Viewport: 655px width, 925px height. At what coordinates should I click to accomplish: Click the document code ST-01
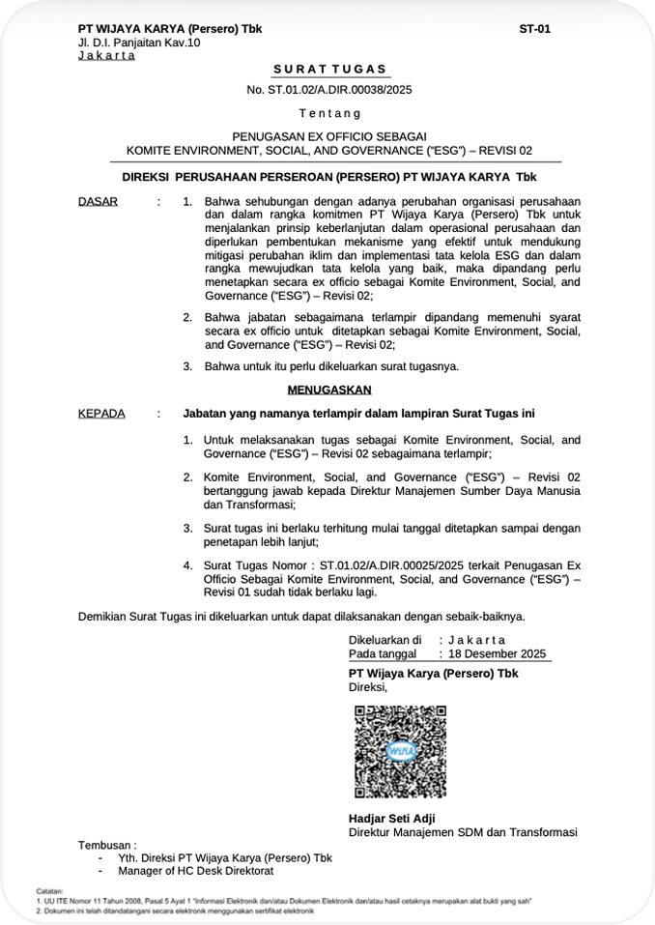[534, 29]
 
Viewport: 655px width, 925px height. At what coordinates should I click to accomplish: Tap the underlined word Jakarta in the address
[106, 55]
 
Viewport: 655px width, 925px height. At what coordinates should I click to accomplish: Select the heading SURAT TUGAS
[328, 69]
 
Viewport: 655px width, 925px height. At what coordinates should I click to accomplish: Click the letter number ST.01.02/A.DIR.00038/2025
[328, 90]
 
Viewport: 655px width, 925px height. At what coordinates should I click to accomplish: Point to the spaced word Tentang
[328, 114]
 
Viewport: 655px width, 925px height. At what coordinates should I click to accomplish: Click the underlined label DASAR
[97, 201]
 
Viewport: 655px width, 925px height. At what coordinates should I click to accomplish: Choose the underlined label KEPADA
[100, 413]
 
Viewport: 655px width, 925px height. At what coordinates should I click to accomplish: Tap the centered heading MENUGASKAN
[328, 390]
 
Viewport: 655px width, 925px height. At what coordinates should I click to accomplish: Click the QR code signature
[399, 751]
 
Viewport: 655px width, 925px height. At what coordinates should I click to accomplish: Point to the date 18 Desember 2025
[497, 653]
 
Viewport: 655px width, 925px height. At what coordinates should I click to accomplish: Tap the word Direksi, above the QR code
[368, 687]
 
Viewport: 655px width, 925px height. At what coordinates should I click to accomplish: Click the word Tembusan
[107, 844]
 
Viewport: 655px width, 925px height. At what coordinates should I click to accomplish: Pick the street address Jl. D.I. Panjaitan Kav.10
[139, 43]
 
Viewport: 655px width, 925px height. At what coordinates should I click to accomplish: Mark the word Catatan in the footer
[49, 889]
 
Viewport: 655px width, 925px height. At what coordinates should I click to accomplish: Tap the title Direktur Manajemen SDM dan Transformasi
[463, 832]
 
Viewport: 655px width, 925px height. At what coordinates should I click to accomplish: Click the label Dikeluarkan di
[384, 640]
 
